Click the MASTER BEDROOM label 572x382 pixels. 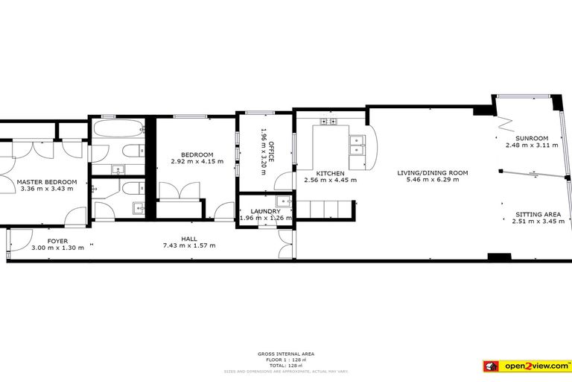pyautogui.click(x=48, y=181)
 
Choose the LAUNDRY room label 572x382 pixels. pyautogui.click(x=264, y=211)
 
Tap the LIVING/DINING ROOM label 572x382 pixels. pyautogui.click(x=437, y=173)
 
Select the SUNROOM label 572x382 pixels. pyautogui.click(x=531, y=138)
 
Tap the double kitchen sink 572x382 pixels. pyautogui.click(x=357, y=143)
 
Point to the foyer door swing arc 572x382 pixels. pyautogui.click(x=74, y=217)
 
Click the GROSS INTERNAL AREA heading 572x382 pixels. pyautogui.click(x=285, y=354)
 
